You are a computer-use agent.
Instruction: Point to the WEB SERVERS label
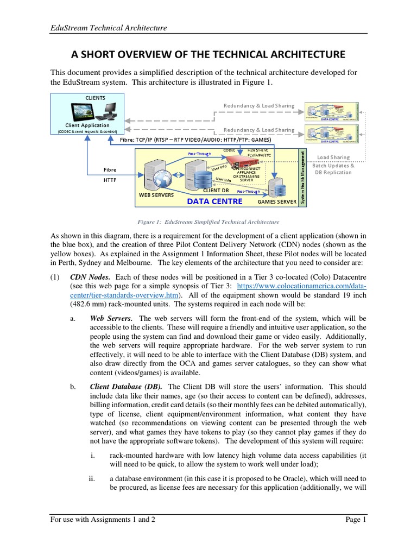(x=156, y=194)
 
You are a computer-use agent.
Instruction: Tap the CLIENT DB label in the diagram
(x=216, y=191)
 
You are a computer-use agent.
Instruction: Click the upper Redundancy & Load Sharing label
(x=259, y=105)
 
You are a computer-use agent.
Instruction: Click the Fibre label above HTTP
(x=110, y=169)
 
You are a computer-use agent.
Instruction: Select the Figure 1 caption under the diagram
(x=208, y=222)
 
